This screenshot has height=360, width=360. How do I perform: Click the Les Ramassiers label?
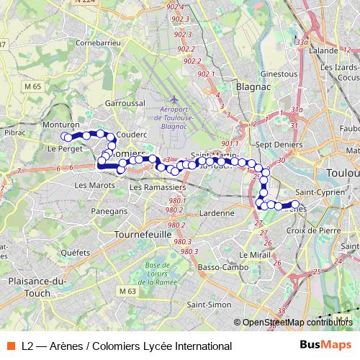[x=156, y=187]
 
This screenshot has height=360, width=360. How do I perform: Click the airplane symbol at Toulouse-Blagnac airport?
[x=174, y=99]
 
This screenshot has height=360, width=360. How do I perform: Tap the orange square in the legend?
[x=11, y=346]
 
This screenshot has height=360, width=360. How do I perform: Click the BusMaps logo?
[x=326, y=346]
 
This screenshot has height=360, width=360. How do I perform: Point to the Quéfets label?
[x=75, y=253]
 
